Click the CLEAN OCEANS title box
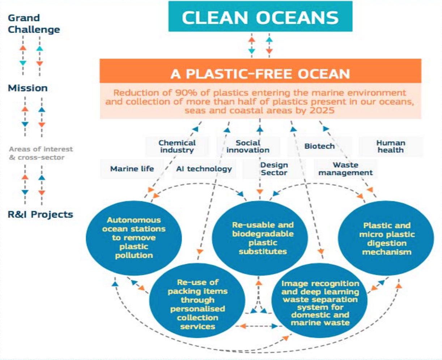260,16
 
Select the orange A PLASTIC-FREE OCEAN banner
260,71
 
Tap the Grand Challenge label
34,23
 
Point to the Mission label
27,88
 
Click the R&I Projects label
40,214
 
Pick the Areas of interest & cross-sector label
41,153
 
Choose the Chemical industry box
177,146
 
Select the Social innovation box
248,146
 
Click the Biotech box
320,146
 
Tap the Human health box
391,146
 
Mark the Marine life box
132,169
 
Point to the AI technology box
204,169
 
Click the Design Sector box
274,169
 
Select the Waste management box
345,169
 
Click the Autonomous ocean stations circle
134,238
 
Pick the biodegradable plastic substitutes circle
260,238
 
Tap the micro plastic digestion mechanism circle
386,238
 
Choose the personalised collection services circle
197,300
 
